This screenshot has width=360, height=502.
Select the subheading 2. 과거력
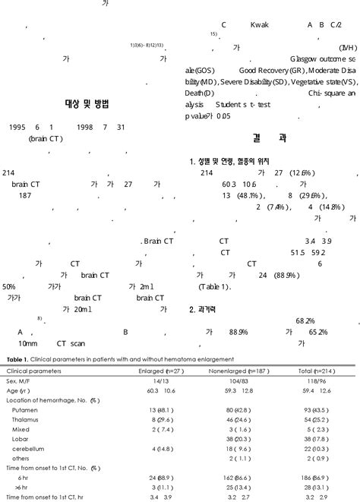pyautogui.click(x=206, y=310)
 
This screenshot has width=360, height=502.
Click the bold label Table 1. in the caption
pyautogui.click(x=20, y=359)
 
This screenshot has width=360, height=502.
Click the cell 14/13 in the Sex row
pyautogui.click(x=171, y=380)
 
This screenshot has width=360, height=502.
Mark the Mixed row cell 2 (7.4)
pyautogui.click(x=171, y=429)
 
